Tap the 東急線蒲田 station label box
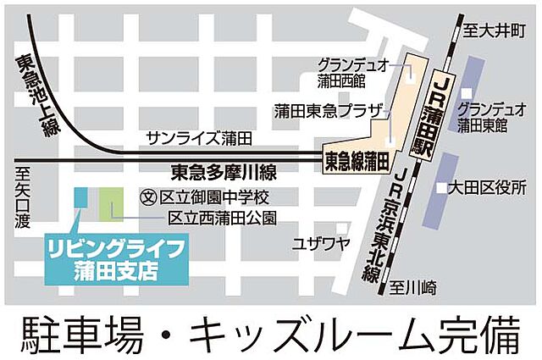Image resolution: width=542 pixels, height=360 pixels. coord(357,159)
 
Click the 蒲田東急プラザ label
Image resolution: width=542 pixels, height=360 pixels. coord(328,111)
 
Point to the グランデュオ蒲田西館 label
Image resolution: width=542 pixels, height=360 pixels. coord(351,72)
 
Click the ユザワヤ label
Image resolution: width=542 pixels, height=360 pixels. coord(321,244)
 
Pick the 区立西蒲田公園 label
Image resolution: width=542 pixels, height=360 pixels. coord(221,218)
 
